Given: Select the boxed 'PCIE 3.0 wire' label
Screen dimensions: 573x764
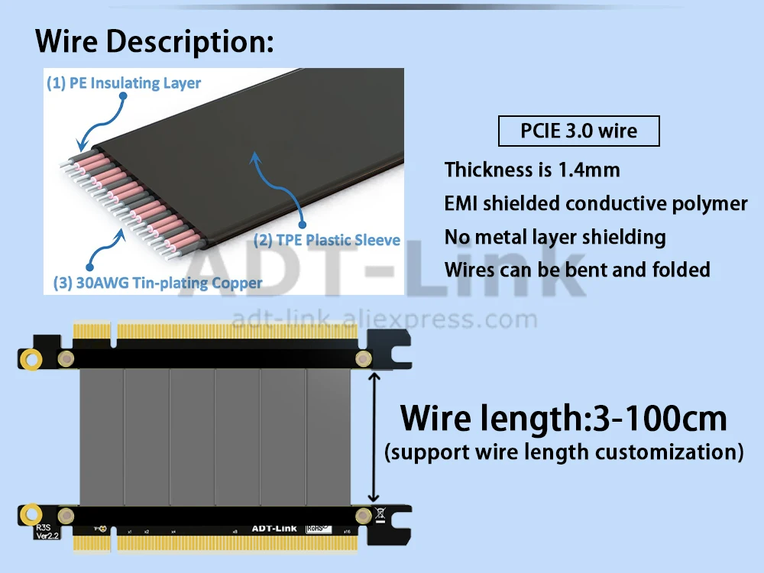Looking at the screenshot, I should (578, 131).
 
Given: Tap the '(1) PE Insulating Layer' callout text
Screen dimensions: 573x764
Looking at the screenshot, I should (124, 83).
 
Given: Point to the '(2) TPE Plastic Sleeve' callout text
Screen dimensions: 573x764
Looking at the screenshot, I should (327, 240).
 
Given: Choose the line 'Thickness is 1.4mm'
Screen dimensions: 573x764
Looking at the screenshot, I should (532, 170).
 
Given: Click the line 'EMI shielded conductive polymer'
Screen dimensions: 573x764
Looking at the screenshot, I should (596, 203).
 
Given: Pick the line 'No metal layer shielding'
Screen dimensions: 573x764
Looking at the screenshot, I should (555, 237).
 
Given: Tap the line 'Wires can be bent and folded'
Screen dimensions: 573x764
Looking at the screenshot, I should (577, 270).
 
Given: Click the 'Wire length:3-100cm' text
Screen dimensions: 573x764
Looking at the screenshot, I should (564, 419).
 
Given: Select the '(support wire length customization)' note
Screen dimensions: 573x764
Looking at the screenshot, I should (564, 452).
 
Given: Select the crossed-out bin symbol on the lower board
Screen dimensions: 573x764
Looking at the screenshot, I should (380, 514).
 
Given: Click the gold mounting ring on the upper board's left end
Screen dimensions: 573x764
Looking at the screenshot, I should (31, 358).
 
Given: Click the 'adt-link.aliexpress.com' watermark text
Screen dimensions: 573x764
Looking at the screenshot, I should (384, 319).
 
